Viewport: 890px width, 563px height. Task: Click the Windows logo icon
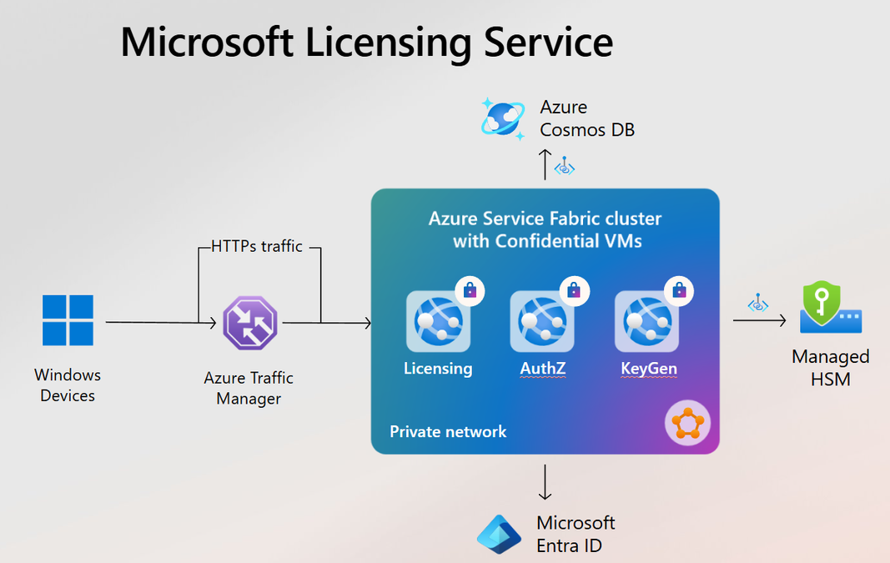(x=68, y=320)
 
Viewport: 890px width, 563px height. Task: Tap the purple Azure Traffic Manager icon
(x=249, y=323)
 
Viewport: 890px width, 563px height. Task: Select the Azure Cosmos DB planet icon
(x=503, y=118)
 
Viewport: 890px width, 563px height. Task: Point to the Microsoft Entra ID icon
(x=499, y=534)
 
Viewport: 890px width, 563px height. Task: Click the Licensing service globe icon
(x=438, y=321)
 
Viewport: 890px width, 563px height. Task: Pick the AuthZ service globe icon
(x=542, y=321)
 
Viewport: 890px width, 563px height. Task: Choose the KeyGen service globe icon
(x=647, y=321)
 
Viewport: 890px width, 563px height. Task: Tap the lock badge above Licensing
(x=470, y=291)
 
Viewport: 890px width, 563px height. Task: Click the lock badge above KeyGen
(x=679, y=291)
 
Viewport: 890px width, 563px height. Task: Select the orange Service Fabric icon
(x=687, y=423)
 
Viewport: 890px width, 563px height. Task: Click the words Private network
(x=448, y=432)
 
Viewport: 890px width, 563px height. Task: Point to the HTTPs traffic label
(x=257, y=246)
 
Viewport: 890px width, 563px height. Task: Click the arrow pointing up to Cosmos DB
(x=545, y=164)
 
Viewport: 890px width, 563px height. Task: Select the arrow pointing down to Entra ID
(x=545, y=482)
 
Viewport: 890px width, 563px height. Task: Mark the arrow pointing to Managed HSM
(x=759, y=320)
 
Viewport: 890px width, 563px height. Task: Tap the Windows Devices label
(x=68, y=385)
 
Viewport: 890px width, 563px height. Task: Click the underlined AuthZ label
(x=543, y=369)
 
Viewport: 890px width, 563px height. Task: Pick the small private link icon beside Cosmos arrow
(x=565, y=166)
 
